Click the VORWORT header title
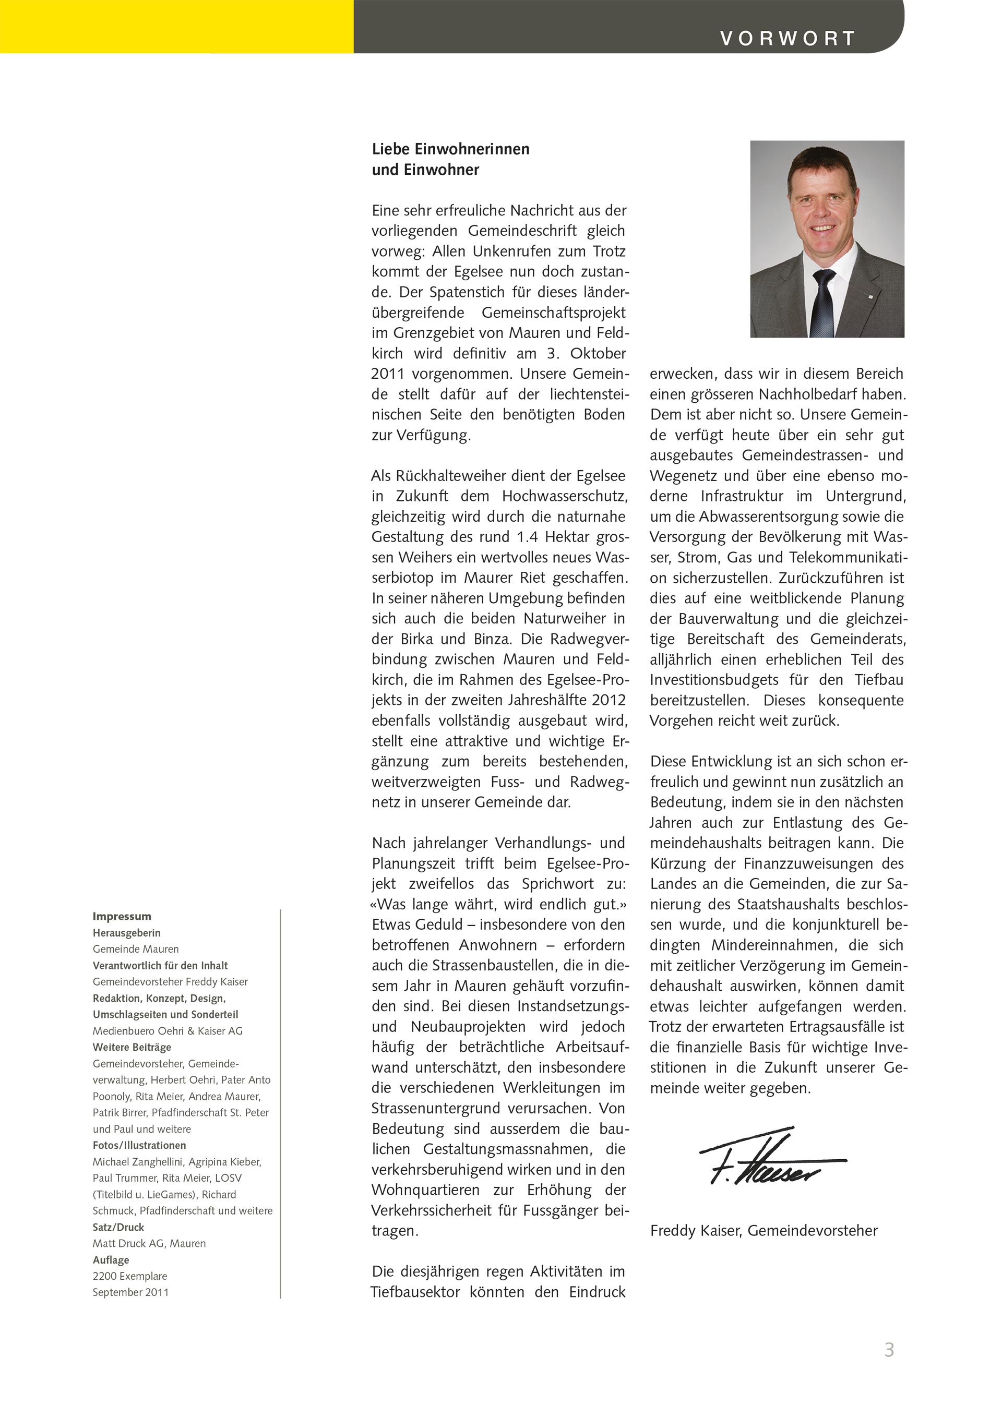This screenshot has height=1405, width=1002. (788, 38)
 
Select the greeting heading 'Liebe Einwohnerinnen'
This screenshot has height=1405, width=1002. (450, 149)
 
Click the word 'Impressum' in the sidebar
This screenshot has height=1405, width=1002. (122, 917)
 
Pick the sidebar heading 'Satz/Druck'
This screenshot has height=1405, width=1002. (118, 1227)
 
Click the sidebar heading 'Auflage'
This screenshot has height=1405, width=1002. (111, 1259)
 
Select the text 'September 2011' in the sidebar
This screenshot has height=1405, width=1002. (130, 1292)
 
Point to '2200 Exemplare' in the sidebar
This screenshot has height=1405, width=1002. (129, 1276)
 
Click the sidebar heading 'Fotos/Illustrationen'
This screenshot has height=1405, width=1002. (139, 1145)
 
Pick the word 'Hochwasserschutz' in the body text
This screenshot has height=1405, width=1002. (565, 496)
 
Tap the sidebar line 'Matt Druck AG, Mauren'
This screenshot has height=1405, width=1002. (149, 1243)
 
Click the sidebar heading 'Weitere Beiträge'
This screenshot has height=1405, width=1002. (132, 1047)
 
